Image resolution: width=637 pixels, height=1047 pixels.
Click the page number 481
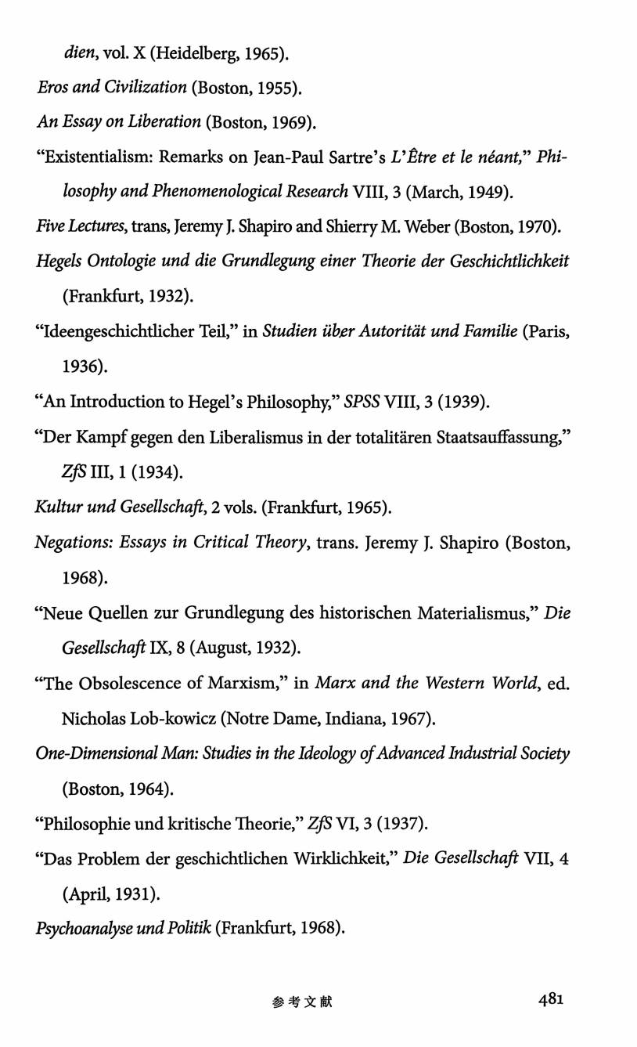551,998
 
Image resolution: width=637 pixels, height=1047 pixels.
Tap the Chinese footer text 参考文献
303,1002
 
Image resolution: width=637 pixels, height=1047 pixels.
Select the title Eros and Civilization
112,88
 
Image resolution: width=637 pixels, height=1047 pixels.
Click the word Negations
74,543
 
